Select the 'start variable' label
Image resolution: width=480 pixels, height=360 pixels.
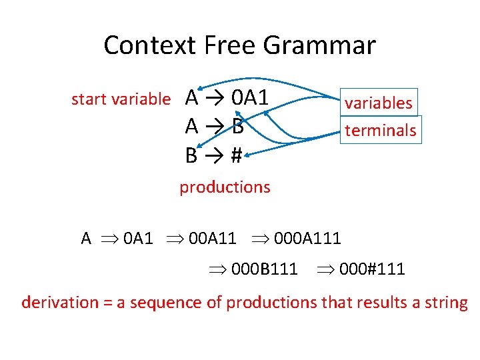tap(121, 99)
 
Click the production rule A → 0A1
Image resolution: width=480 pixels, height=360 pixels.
tap(227, 98)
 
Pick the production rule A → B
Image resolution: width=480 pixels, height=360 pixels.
tap(214, 126)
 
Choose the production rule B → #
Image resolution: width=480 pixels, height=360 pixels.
tap(213, 155)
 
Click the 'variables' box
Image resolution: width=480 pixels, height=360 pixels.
tap(378, 103)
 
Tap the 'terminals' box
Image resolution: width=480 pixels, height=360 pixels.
tap(380, 130)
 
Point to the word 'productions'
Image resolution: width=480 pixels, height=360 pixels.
tap(225, 187)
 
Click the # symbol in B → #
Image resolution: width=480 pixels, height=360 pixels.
tap(235, 155)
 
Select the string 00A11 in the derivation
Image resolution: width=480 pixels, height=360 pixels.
tap(213, 238)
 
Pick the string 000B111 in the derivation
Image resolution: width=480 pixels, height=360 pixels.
tap(264, 269)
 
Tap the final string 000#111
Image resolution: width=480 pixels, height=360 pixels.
tap(371, 269)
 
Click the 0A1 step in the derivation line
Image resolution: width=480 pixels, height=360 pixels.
tap(138, 238)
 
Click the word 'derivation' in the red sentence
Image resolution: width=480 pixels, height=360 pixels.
tap(59, 303)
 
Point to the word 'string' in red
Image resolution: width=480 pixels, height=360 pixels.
tap(447, 303)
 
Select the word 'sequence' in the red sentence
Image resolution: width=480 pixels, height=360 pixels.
tap(161, 303)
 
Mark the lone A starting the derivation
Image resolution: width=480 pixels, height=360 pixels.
tap(86, 238)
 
